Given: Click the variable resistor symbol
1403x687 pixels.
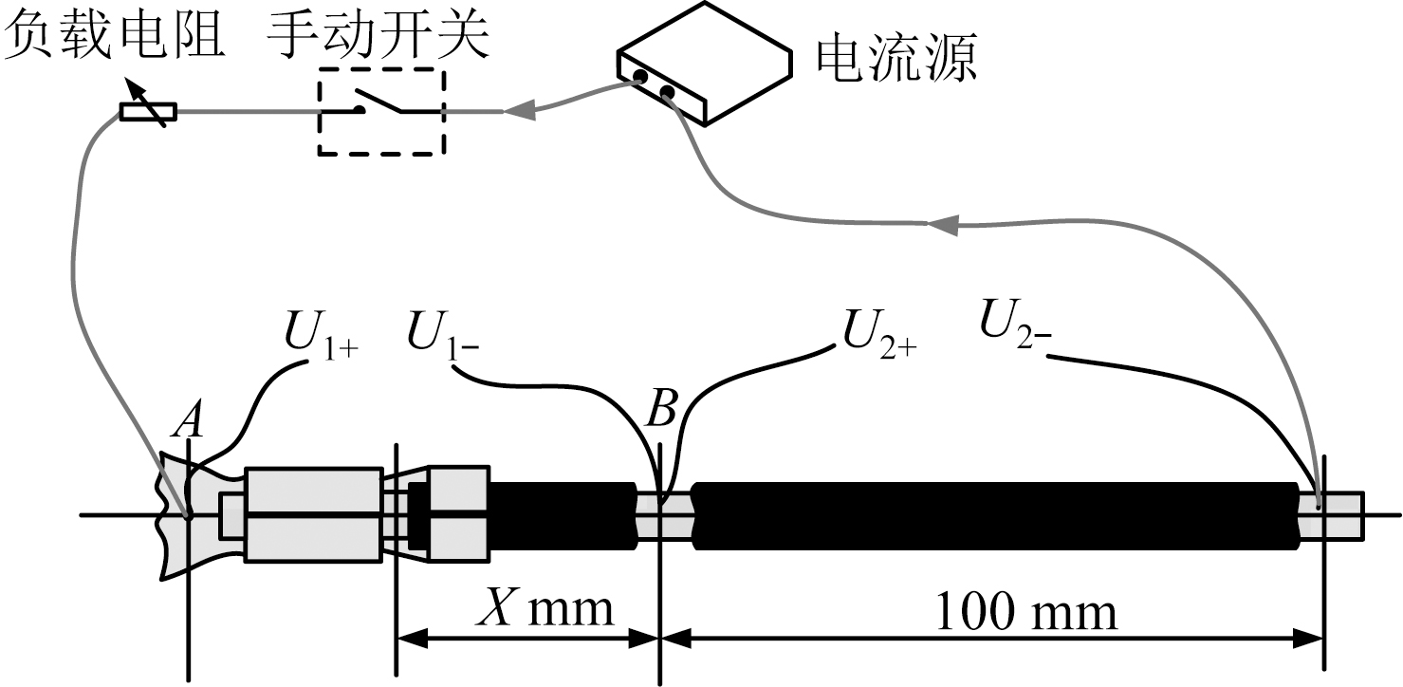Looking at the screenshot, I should click(x=148, y=112).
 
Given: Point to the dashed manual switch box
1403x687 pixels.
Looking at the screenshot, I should click(x=380, y=111).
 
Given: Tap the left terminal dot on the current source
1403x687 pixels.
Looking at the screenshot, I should click(x=640, y=77).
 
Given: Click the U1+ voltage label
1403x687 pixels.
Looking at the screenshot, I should click(x=320, y=333).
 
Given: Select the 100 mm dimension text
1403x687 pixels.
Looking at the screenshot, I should click(x=1026, y=612).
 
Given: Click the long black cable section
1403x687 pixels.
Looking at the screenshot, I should click(x=996, y=515).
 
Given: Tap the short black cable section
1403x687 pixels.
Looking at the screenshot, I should click(x=562, y=515).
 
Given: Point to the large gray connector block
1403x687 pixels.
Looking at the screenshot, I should click(x=313, y=513).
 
